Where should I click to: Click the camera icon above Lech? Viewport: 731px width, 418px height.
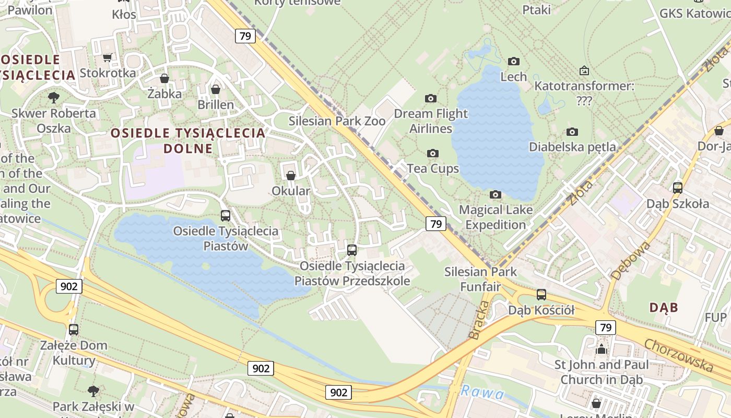513,62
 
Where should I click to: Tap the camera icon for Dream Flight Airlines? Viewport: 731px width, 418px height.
430,98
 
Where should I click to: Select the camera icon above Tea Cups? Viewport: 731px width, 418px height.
432,153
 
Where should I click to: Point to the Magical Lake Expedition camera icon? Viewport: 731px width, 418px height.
495,195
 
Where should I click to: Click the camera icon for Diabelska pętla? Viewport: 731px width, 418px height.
572,132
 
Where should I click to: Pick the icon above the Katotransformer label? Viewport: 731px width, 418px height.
584,70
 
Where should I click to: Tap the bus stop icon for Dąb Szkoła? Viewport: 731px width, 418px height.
677,188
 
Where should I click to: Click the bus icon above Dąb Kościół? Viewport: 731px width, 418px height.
541,294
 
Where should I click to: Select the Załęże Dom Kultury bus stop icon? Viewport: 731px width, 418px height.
74,329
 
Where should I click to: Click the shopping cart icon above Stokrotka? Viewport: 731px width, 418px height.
108,57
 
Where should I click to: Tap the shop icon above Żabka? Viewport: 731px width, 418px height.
164,79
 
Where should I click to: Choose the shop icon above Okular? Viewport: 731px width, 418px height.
291,176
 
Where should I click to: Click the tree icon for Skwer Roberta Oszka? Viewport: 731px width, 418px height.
53,98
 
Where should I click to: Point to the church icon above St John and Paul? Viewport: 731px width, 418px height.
602,349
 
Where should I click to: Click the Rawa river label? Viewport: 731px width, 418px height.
482,392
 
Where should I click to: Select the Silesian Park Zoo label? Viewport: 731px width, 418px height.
337,121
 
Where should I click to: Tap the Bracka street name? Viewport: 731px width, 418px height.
479,320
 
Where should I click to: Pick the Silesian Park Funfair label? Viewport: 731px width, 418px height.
480,279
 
